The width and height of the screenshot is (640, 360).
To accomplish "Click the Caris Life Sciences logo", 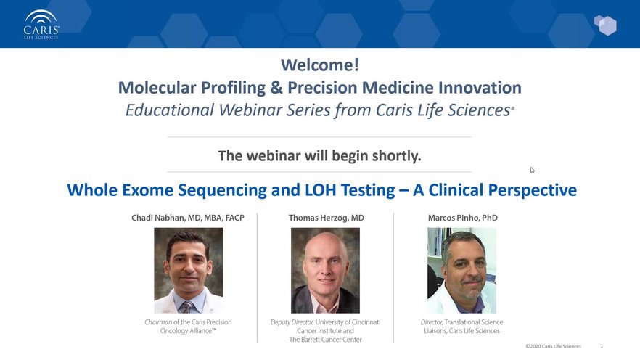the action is (41, 25).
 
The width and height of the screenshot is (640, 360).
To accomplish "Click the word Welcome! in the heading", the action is (320, 65).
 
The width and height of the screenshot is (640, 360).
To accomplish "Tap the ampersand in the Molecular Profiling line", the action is (276, 87).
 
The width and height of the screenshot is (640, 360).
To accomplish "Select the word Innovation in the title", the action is (480, 87).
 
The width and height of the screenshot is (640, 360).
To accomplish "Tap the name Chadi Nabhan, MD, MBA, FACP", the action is (188, 218).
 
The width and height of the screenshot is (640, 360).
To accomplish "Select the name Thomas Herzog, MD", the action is (326, 218).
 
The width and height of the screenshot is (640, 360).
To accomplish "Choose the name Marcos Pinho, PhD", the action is (462, 218).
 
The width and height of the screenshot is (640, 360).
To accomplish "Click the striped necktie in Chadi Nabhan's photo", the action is (186, 306).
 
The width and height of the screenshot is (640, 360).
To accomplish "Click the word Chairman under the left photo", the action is (158, 322).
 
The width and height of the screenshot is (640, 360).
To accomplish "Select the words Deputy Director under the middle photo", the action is (292, 322).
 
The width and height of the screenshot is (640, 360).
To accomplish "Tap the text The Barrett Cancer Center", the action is (325, 340).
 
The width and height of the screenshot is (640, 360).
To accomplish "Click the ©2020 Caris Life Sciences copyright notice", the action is (553, 346).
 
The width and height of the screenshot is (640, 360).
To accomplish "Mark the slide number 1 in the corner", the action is (602, 346).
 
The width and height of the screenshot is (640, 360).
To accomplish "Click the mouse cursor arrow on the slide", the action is (533, 170).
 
